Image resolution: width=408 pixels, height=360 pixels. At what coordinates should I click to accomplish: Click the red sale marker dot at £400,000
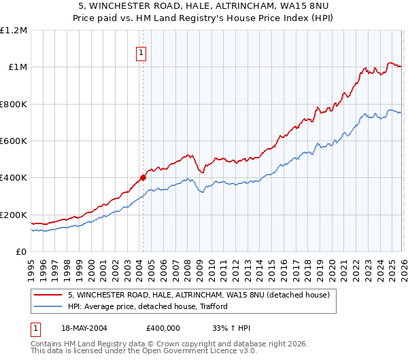[143, 178]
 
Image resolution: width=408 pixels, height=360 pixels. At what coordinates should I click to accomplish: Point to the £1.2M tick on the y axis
[14, 31]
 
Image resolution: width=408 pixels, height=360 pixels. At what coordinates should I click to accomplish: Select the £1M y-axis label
[17, 67]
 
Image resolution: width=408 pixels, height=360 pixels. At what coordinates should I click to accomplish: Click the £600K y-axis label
[14, 141]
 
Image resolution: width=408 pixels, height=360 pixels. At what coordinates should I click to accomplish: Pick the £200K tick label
[14, 215]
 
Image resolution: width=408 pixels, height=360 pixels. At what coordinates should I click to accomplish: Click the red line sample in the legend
[48, 295]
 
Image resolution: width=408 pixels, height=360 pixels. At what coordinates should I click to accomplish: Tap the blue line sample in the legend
[48, 307]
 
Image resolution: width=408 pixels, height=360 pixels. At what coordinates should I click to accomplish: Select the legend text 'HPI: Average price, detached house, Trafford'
[148, 307]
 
